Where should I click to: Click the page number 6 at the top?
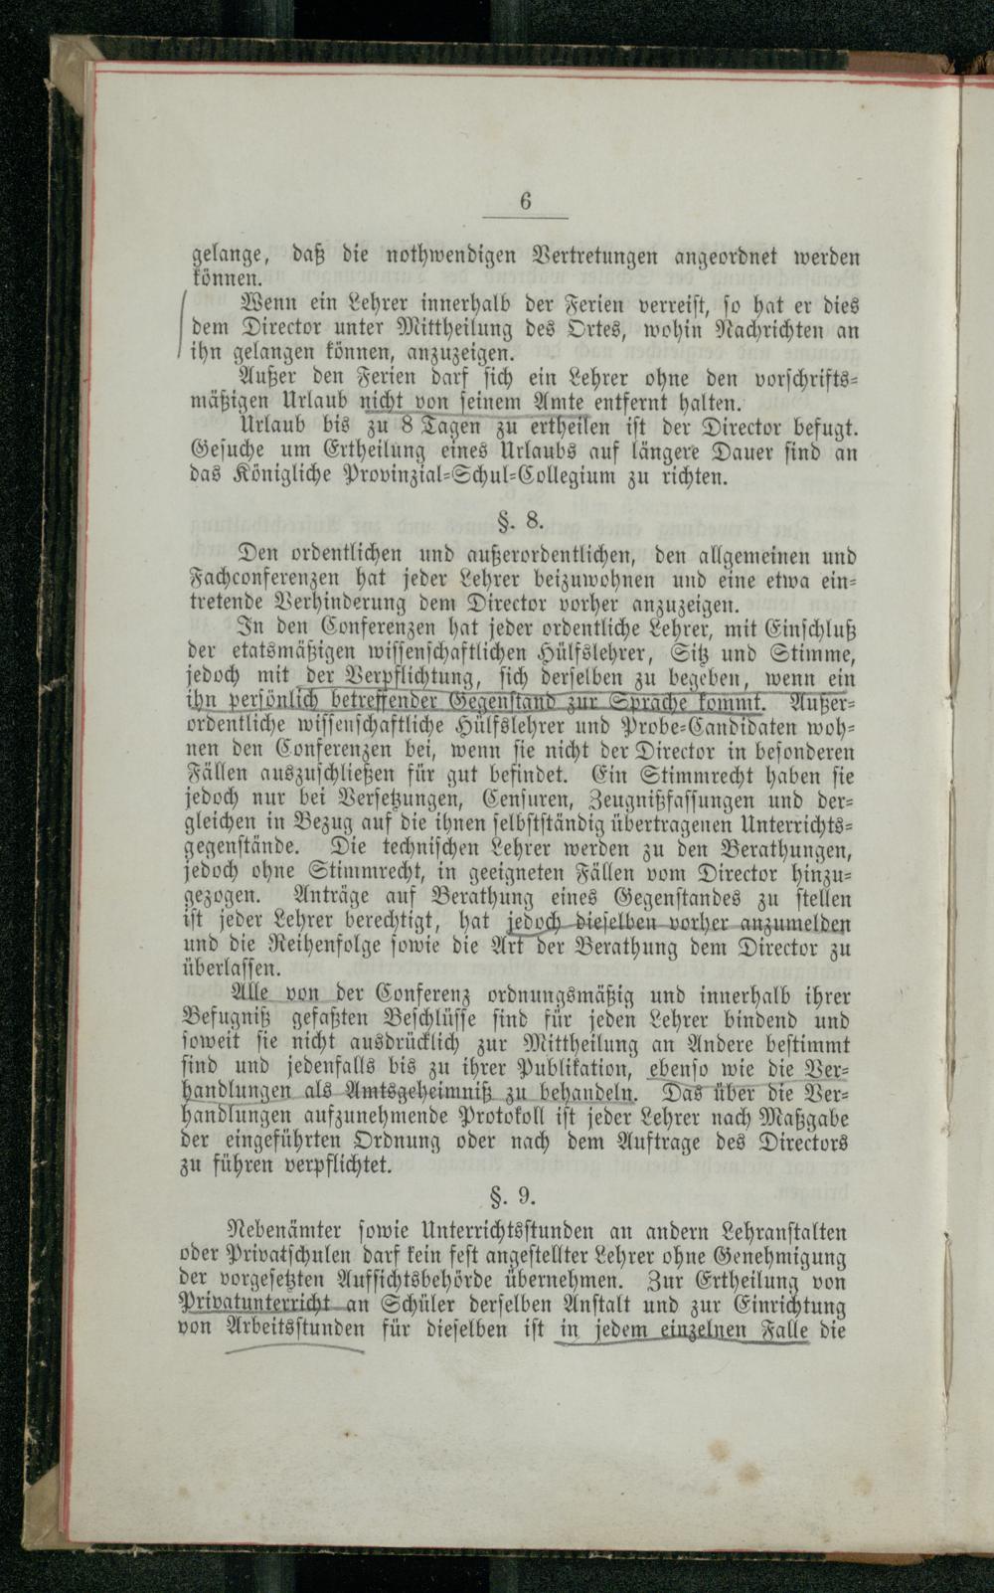[x=526, y=201]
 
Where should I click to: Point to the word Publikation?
[x=572, y=1069]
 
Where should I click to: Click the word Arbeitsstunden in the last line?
[x=296, y=1328]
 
